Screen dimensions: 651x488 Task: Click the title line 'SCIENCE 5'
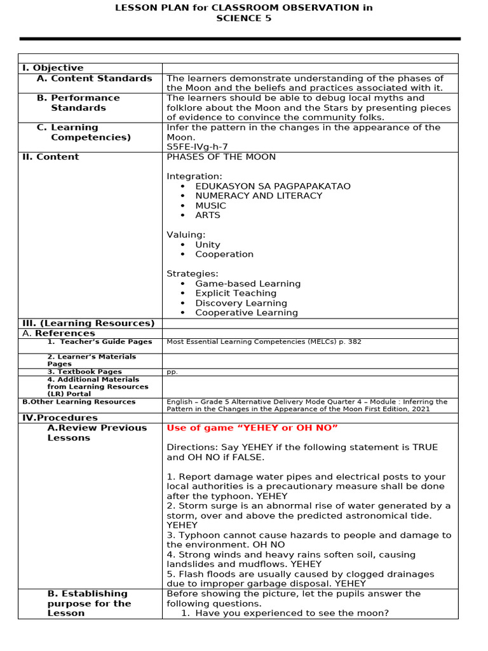243,18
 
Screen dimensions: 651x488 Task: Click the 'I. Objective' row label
53,68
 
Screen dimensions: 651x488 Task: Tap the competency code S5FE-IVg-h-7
197,147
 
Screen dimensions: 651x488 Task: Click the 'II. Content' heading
51,157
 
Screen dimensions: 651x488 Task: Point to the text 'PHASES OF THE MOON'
221,157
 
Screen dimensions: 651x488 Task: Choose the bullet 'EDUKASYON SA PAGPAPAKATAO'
273,186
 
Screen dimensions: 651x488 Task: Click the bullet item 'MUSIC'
210,206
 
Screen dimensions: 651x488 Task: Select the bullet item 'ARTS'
208,216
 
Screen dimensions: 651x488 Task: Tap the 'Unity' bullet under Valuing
208,245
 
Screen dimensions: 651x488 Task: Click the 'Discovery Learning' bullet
241,303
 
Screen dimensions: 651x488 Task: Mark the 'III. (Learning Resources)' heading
88,323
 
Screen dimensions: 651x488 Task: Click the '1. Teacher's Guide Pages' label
100,342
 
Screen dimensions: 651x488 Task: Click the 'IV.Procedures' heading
60,418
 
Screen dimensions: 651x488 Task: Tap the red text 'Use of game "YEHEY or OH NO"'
252,428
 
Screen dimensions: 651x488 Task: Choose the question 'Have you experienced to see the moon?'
292,613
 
